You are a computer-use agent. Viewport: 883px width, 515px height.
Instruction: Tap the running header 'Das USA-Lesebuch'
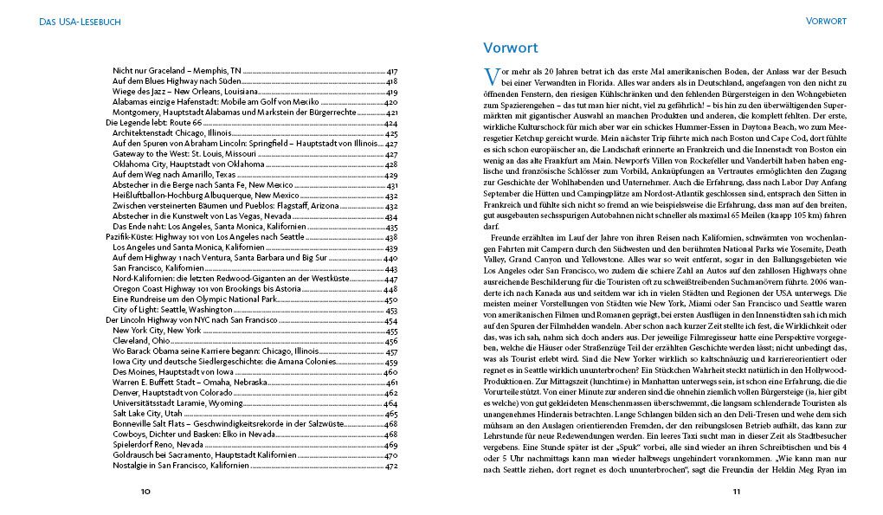pyautogui.click(x=74, y=21)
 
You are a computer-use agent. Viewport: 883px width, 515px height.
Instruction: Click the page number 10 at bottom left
pyautogui.click(x=146, y=492)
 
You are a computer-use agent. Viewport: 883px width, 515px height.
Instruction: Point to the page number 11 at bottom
pyautogui.click(x=737, y=492)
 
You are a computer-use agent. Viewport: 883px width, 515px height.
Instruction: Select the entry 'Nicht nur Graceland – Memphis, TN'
pyautogui.click(x=177, y=70)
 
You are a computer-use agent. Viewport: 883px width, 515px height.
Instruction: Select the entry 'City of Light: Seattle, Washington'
pyautogui.click(x=173, y=309)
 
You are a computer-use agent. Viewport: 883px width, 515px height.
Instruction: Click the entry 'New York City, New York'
pyautogui.click(x=157, y=330)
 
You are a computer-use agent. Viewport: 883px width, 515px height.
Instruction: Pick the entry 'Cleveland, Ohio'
pyautogui.click(x=143, y=341)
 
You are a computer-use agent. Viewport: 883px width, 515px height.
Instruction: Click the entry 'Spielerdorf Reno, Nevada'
pyautogui.click(x=158, y=445)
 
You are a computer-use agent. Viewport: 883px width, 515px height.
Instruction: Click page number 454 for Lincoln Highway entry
pyautogui.click(x=390, y=319)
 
